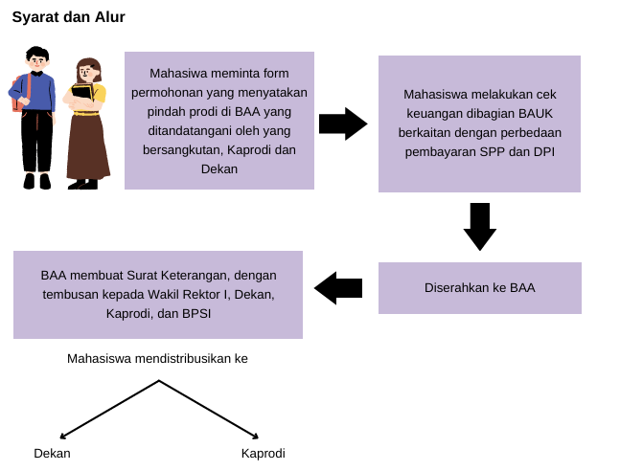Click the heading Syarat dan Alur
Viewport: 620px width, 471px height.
(68, 16)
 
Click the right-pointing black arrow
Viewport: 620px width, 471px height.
(342, 123)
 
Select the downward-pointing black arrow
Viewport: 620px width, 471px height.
(479, 226)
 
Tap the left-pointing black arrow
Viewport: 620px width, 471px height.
(338, 287)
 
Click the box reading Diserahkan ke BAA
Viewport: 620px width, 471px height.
(479, 287)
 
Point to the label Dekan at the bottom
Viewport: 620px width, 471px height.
(52, 454)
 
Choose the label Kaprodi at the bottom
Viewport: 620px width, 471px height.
(263, 454)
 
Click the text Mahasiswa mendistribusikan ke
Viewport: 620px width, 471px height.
(157, 358)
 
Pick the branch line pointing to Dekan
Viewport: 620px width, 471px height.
(109, 409)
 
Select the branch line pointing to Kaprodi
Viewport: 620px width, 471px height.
(208, 409)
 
